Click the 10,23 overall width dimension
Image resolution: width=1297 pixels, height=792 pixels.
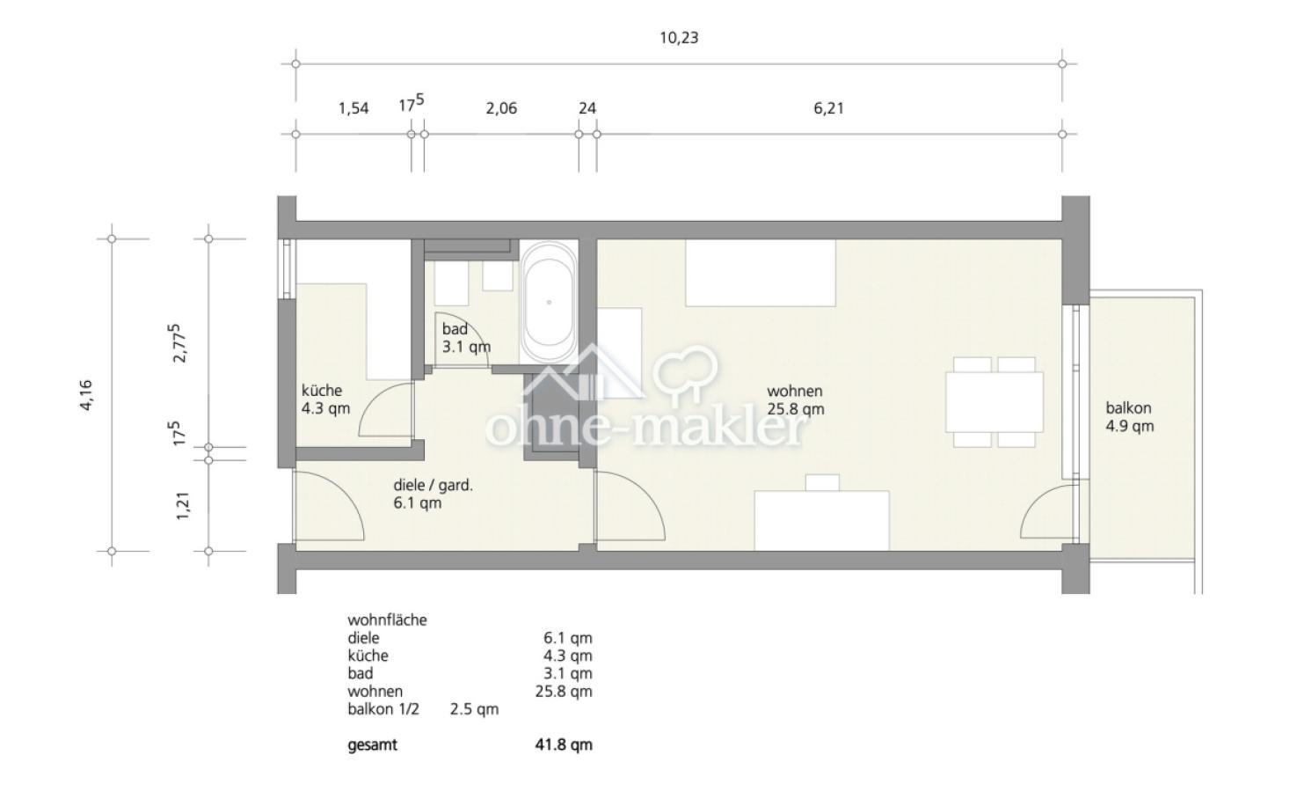click(679, 38)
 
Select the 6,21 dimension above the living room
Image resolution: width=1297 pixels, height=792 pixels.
click(828, 108)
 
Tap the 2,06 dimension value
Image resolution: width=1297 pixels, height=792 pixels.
click(501, 108)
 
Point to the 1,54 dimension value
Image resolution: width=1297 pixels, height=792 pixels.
click(353, 108)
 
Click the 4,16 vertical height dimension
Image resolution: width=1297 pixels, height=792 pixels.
click(85, 396)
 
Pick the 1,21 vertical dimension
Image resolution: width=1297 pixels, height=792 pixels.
click(183, 506)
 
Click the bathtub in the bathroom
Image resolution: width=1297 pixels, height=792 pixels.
click(549, 302)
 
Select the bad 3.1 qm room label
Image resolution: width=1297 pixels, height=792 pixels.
click(466, 338)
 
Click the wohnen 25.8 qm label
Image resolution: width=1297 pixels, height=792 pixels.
click(796, 400)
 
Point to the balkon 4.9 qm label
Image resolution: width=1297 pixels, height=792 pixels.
click(1130, 417)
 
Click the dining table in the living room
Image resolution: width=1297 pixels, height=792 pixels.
click(995, 402)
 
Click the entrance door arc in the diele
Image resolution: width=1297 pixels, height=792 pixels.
click(346, 493)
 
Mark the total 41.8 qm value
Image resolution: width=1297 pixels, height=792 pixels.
click(564, 744)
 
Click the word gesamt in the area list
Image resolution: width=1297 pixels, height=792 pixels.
click(372, 744)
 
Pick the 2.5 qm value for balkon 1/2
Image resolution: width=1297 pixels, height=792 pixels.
click(474, 709)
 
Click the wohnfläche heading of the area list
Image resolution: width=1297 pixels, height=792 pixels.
click(387, 620)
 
